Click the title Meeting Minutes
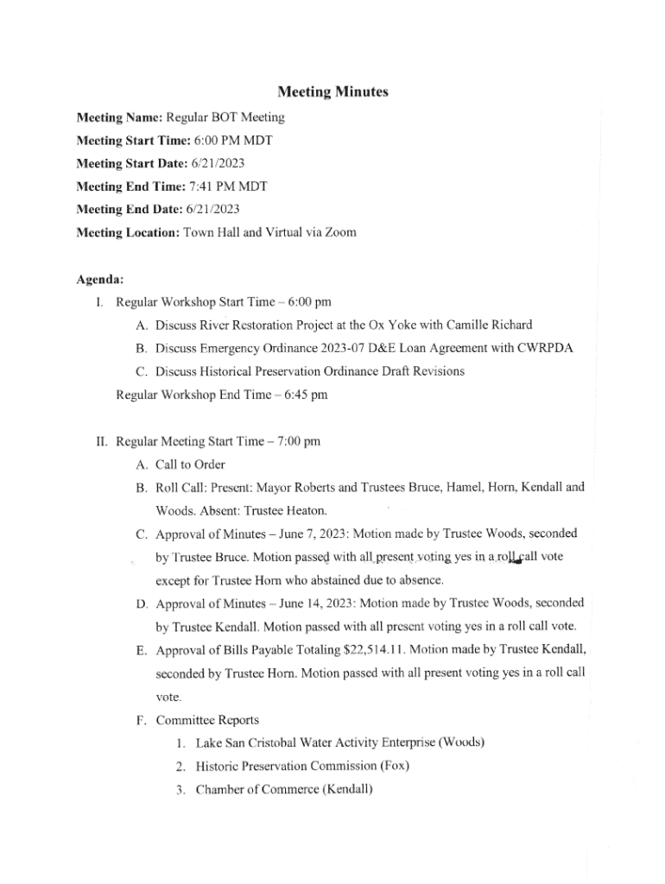pyautogui.click(x=332, y=92)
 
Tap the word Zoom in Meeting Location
pyautogui.click(x=339, y=232)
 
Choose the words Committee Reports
pyautogui.click(x=207, y=719)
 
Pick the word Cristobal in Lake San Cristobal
pyautogui.click(x=278, y=742)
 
